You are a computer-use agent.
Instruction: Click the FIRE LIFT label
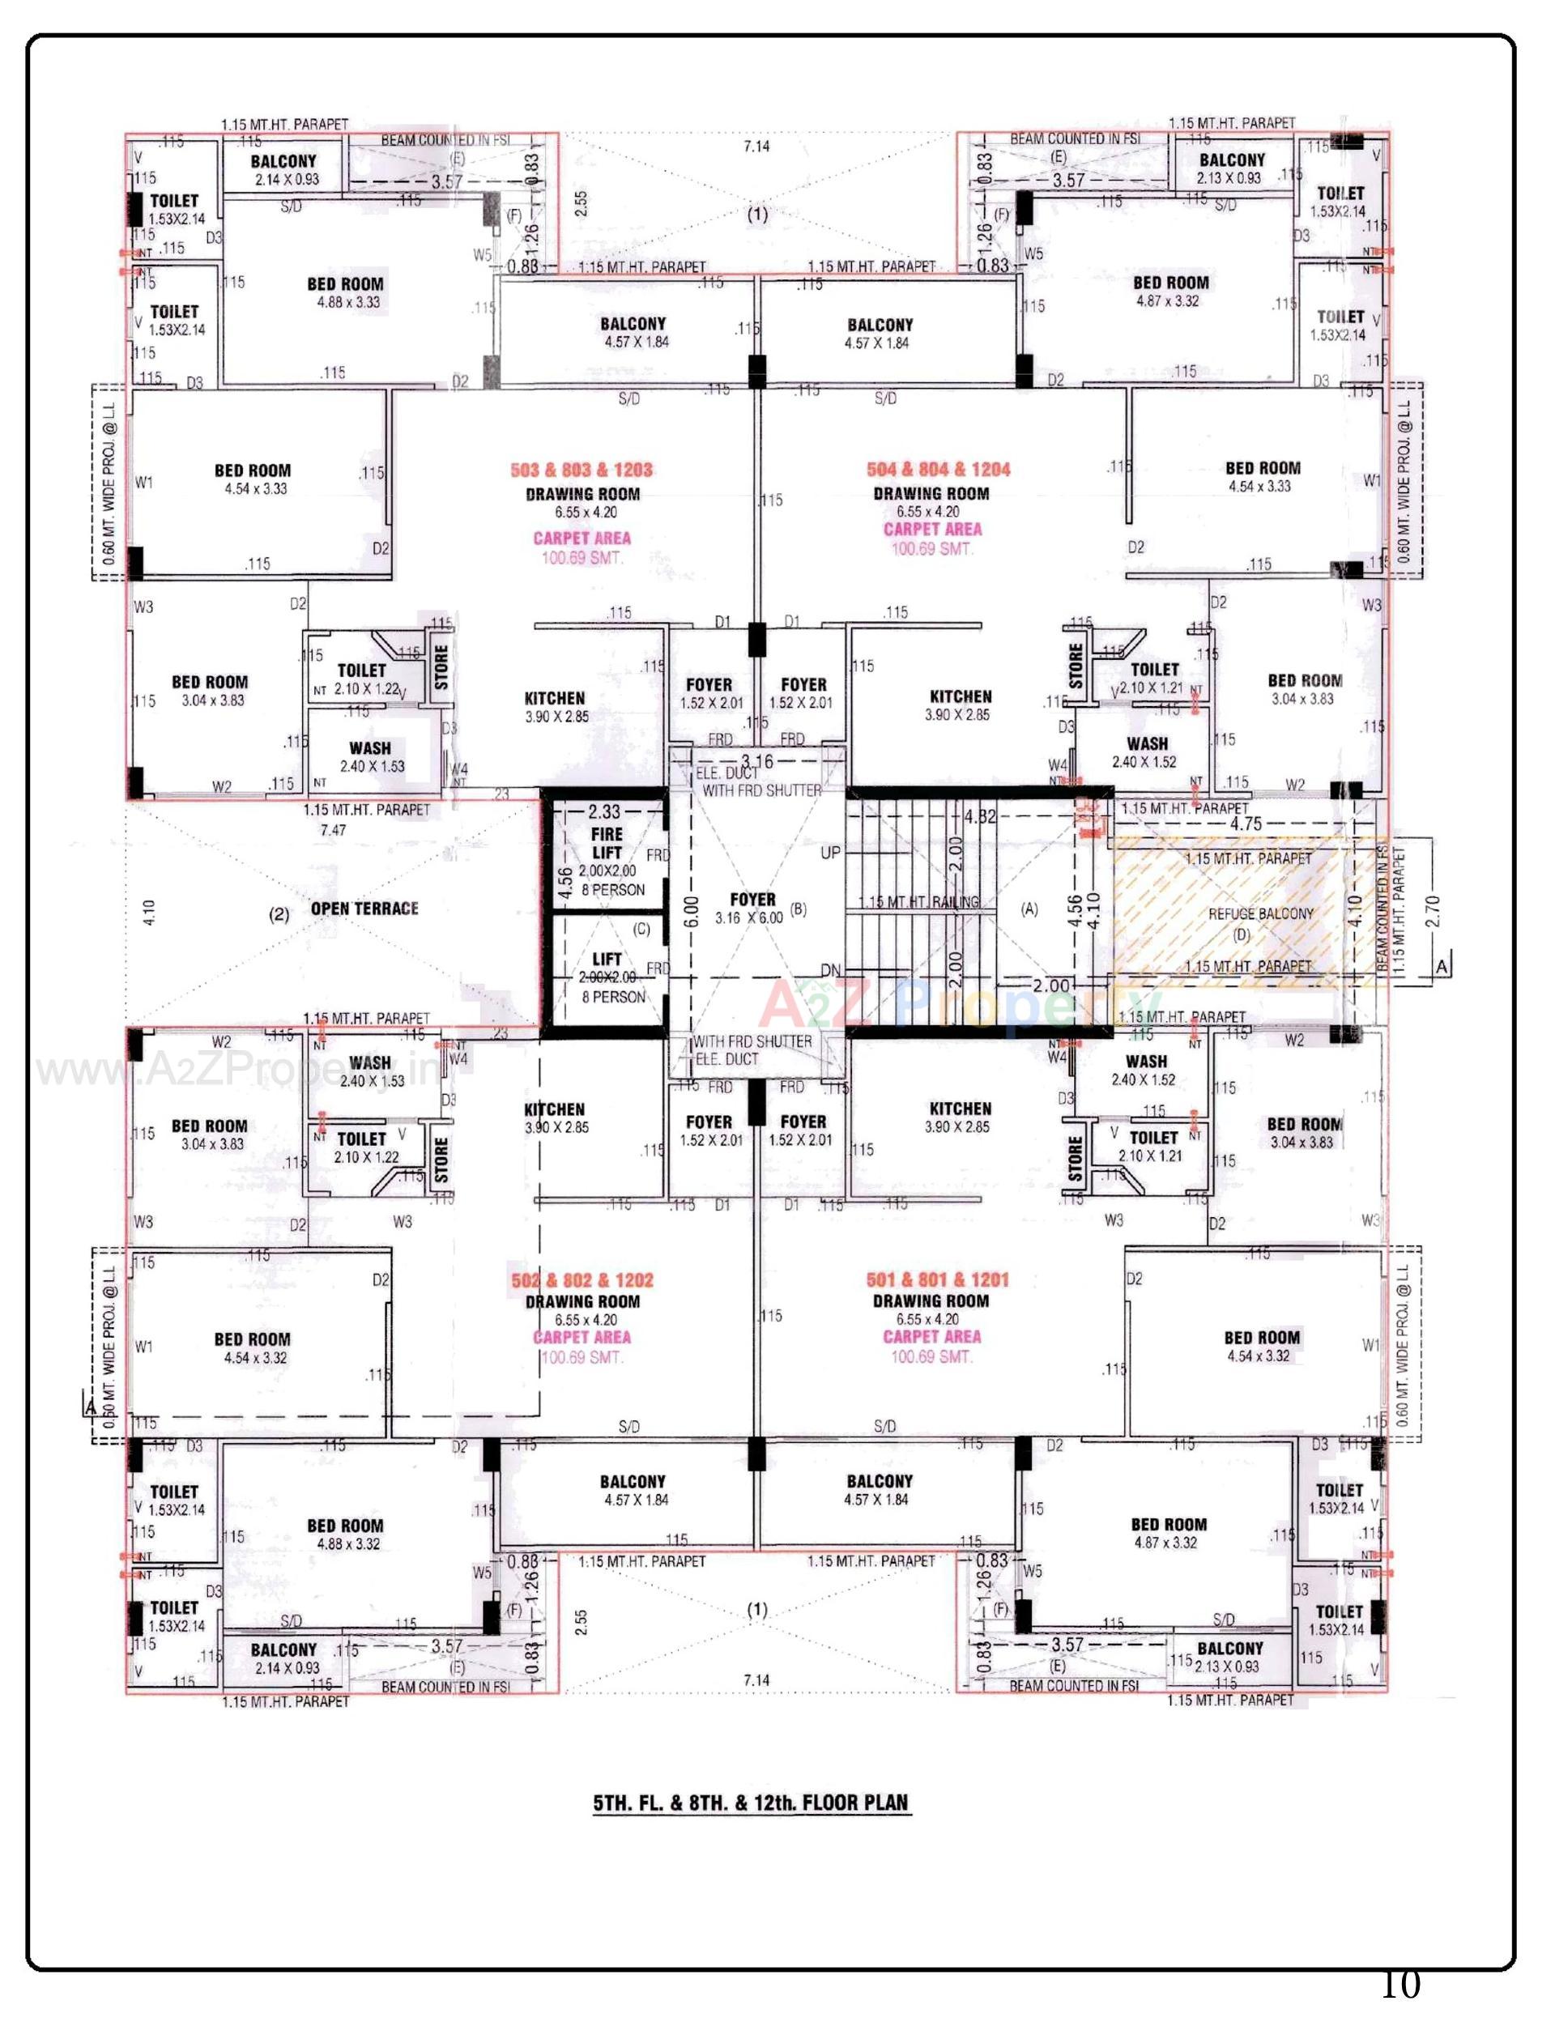pos(607,843)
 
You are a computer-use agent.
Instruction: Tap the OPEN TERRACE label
pos(364,909)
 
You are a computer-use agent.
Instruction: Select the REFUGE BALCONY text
pos(1261,913)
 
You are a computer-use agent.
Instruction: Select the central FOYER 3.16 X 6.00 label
pos(752,908)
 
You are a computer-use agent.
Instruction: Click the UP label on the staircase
pos(830,853)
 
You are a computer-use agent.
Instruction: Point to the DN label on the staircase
pos(830,970)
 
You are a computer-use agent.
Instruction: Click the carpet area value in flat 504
pos(931,549)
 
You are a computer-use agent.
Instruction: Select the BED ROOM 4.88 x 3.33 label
pos(345,292)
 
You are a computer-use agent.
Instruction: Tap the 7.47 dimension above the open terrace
pos(332,830)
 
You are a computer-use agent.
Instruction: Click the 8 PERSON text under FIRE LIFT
pos(613,890)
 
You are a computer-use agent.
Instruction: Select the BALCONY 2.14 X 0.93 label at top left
pos(283,169)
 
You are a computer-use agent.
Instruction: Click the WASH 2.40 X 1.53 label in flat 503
pos(370,756)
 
